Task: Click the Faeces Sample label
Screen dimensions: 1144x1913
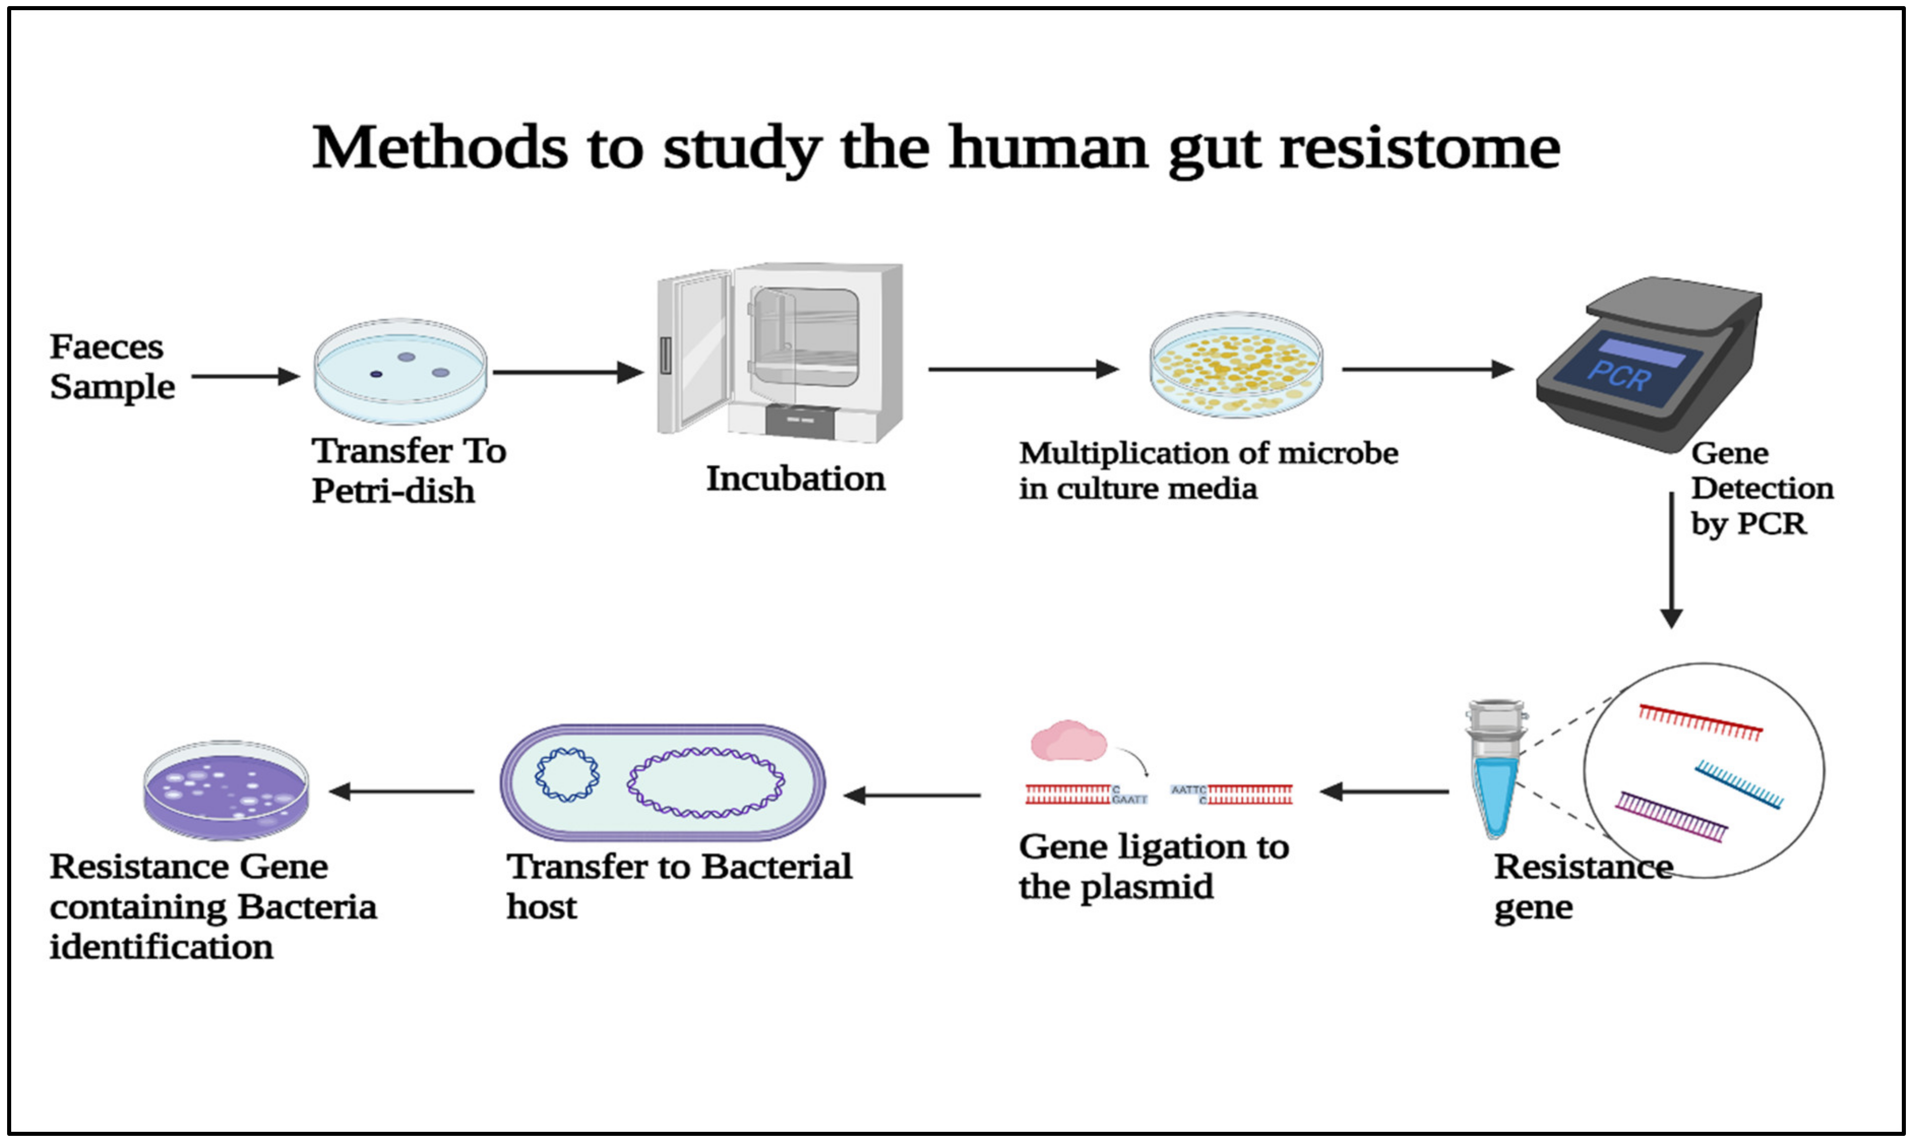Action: [x=112, y=367]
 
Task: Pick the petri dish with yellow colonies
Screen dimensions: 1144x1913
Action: [x=1236, y=365]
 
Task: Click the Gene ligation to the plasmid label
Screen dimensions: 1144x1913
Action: [x=1153, y=867]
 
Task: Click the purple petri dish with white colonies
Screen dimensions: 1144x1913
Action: [x=226, y=790]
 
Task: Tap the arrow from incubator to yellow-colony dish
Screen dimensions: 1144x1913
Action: [x=1023, y=369]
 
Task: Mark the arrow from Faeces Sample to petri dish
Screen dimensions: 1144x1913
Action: [x=244, y=376]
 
